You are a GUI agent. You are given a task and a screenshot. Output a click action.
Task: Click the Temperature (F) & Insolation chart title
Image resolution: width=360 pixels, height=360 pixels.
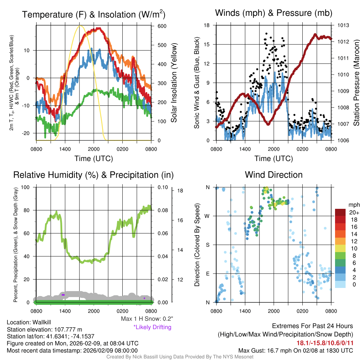coord(94,14)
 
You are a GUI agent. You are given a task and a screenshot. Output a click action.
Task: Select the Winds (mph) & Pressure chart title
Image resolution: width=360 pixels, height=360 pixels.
coord(274,13)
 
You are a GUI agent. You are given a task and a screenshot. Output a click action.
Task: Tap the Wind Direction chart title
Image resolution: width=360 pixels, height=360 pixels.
coord(274,175)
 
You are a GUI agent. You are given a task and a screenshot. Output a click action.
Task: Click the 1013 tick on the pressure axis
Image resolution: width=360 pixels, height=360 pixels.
coord(343,25)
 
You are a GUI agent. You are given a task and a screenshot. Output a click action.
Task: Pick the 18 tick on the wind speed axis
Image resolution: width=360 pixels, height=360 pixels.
coord(207,25)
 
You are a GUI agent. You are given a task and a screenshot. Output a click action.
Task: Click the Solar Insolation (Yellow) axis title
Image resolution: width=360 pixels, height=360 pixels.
coord(174,83)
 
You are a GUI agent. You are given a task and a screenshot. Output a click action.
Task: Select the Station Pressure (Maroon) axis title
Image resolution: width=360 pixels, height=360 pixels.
coord(356,83)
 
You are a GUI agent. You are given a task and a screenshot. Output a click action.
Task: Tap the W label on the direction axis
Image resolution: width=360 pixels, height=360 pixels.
coord(208,216)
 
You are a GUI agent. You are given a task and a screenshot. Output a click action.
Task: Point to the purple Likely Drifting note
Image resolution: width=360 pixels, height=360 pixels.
coord(152,327)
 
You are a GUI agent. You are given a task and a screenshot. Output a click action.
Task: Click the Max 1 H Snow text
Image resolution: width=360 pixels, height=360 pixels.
coord(147,319)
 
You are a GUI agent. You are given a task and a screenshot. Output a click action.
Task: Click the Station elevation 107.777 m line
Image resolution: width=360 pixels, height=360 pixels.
coord(44,329)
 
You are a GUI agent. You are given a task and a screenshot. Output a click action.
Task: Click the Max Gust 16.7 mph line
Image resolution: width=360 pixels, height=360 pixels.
coord(295,350)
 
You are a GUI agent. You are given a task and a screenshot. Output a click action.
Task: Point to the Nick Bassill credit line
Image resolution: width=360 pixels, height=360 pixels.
coord(180,357)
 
